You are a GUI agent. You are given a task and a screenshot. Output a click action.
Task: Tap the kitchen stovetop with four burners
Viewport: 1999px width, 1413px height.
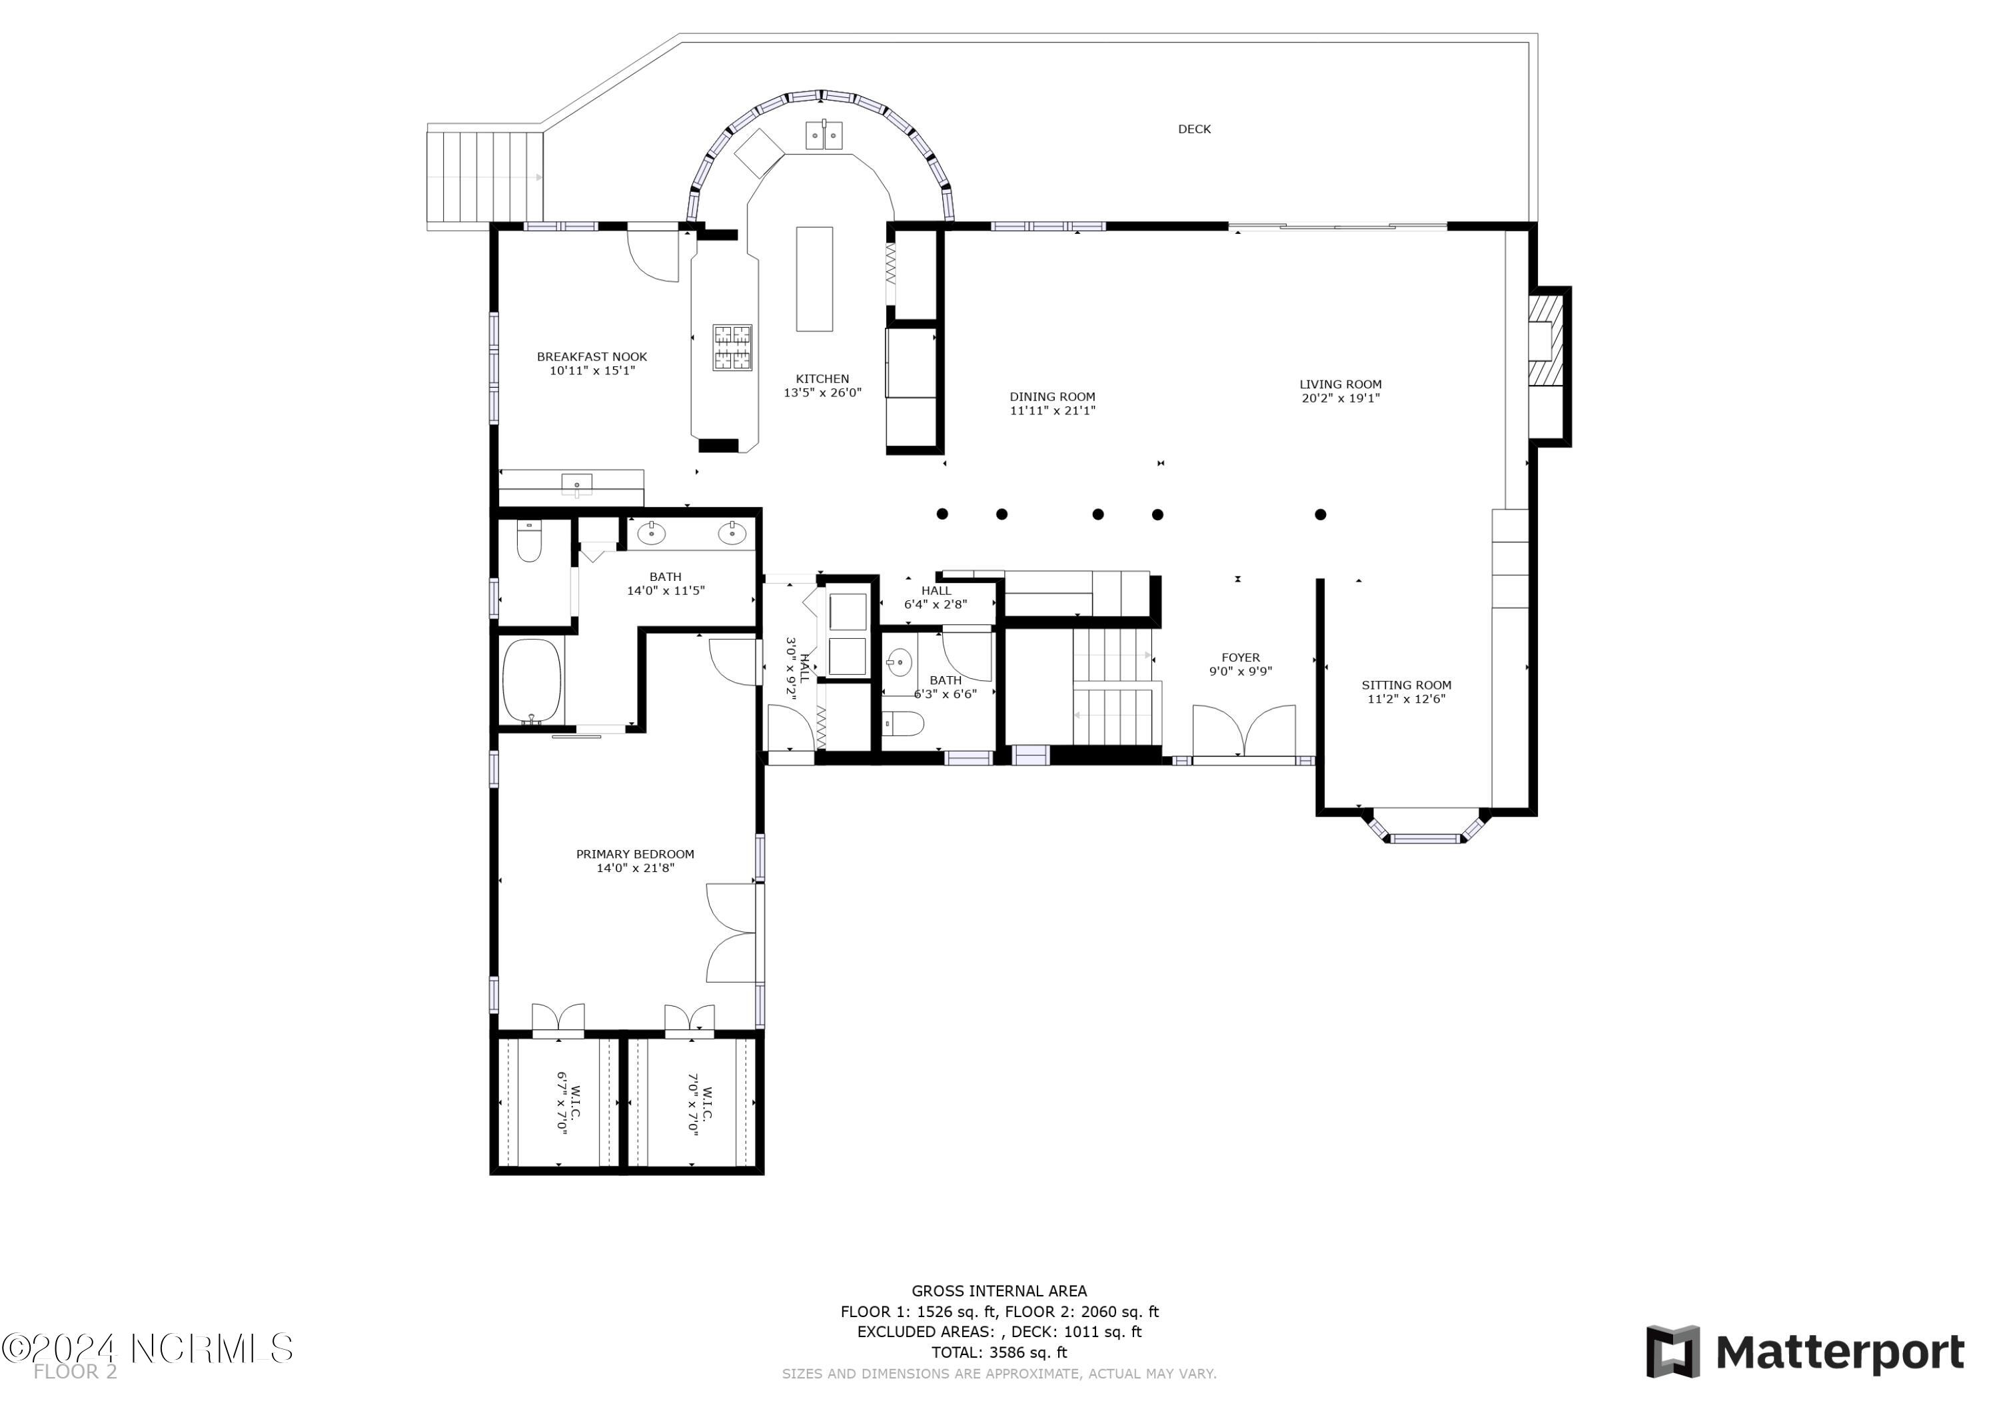click(732, 347)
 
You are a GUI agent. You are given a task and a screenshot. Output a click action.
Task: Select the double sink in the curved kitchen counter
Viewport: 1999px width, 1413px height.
click(823, 135)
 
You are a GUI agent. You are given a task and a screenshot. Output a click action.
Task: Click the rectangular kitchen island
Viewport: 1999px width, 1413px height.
click(814, 278)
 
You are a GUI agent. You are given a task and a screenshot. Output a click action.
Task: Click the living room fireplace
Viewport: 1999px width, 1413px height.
click(1545, 340)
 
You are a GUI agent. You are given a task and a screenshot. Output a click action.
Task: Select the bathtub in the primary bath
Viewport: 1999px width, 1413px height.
click(531, 681)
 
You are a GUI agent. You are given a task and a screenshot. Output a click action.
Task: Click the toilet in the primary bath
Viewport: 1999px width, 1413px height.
click(528, 541)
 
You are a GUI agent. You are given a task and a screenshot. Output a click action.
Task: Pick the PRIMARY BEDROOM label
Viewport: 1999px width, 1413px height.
click(635, 854)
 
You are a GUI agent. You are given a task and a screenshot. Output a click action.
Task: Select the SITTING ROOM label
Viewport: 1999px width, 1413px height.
click(1406, 685)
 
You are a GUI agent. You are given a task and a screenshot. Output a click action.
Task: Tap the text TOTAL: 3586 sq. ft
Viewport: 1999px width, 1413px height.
click(999, 1352)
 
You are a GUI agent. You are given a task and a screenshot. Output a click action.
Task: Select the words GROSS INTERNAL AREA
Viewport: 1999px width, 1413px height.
click(999, 1291)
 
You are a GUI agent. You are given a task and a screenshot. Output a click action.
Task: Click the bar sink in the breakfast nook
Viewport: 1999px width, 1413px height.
click(576, 483)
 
